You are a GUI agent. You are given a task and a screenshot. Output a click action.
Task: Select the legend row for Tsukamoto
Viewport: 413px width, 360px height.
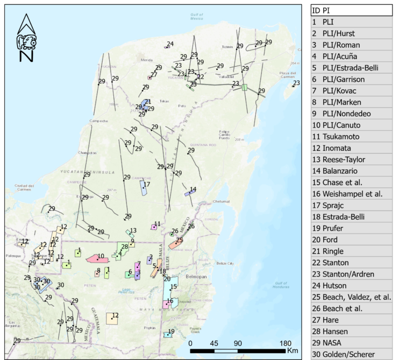click(x=352, y=137)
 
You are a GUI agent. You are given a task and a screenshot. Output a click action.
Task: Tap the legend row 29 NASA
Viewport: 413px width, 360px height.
click(x=352, y=343)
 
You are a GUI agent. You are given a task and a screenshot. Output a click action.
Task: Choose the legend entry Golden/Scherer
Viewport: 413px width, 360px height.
click(x=352, y=354)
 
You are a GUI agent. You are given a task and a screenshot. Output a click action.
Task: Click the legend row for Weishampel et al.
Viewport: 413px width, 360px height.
click(x=352, y=194)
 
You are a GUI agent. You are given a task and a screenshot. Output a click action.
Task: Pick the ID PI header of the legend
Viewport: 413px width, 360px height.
click(x=352, y=10)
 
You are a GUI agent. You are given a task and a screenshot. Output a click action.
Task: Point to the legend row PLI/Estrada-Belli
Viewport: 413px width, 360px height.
click(x=352, y=68)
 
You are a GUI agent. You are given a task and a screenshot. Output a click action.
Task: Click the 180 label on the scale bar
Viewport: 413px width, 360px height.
click(x=286, y=343)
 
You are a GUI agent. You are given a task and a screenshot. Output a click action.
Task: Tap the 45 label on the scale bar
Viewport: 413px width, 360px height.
click(x=214, y=343)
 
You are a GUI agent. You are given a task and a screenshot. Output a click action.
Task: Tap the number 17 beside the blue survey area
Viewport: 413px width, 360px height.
click(x=146, y=185)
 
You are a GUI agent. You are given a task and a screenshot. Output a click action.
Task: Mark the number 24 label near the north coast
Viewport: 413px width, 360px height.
click(x=170, y=44)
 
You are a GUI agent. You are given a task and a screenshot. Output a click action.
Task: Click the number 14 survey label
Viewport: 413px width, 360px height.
click(x=193, y=189)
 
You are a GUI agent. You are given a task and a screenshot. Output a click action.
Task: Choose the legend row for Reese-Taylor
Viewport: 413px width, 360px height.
click(x=352, y=159)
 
